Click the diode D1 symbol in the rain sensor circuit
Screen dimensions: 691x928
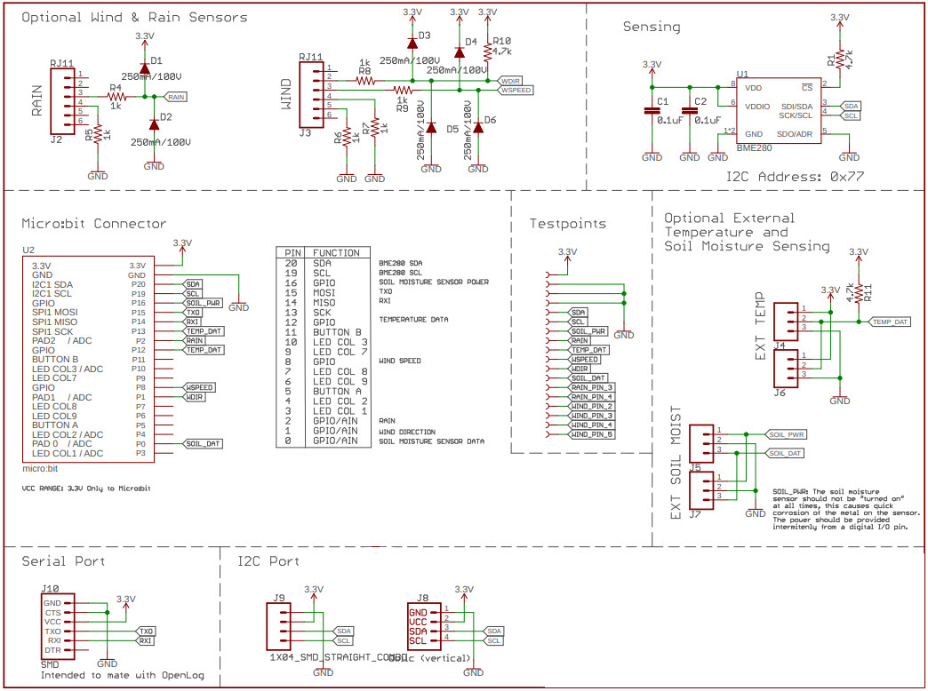pyautogui.click(x=143, y=64)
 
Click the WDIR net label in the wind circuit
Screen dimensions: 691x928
pyautogui.click(x=510, y=79)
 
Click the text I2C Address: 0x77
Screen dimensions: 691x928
pyautogui.click(x=795, y=177)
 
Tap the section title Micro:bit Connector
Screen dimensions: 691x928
pyautogui.click(x=93, y=223)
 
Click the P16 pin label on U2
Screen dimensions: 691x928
pyautogui.click(x=138, y=302)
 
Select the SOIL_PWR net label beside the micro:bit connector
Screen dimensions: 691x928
pyautogui.click(x=203, y=302)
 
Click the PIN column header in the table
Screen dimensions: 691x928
pyautogui.click(x=292, y=253)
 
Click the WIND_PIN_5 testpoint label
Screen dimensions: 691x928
pyautogui.click(x=591, y=434)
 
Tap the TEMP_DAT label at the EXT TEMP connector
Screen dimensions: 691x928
pyautogui.click(x=890, y=322)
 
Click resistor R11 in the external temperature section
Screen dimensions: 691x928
pyautogui.click(x=859, y=290)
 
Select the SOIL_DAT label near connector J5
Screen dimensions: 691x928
pyautogui.click(x=785, y=453)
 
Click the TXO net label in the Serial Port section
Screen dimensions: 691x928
pyautogui.click(x=146, y=630)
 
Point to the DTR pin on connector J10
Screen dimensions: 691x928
pyautogui.click(x=52, y=650)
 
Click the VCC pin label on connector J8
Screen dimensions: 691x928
pyautogui.click(x=417, y=622)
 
